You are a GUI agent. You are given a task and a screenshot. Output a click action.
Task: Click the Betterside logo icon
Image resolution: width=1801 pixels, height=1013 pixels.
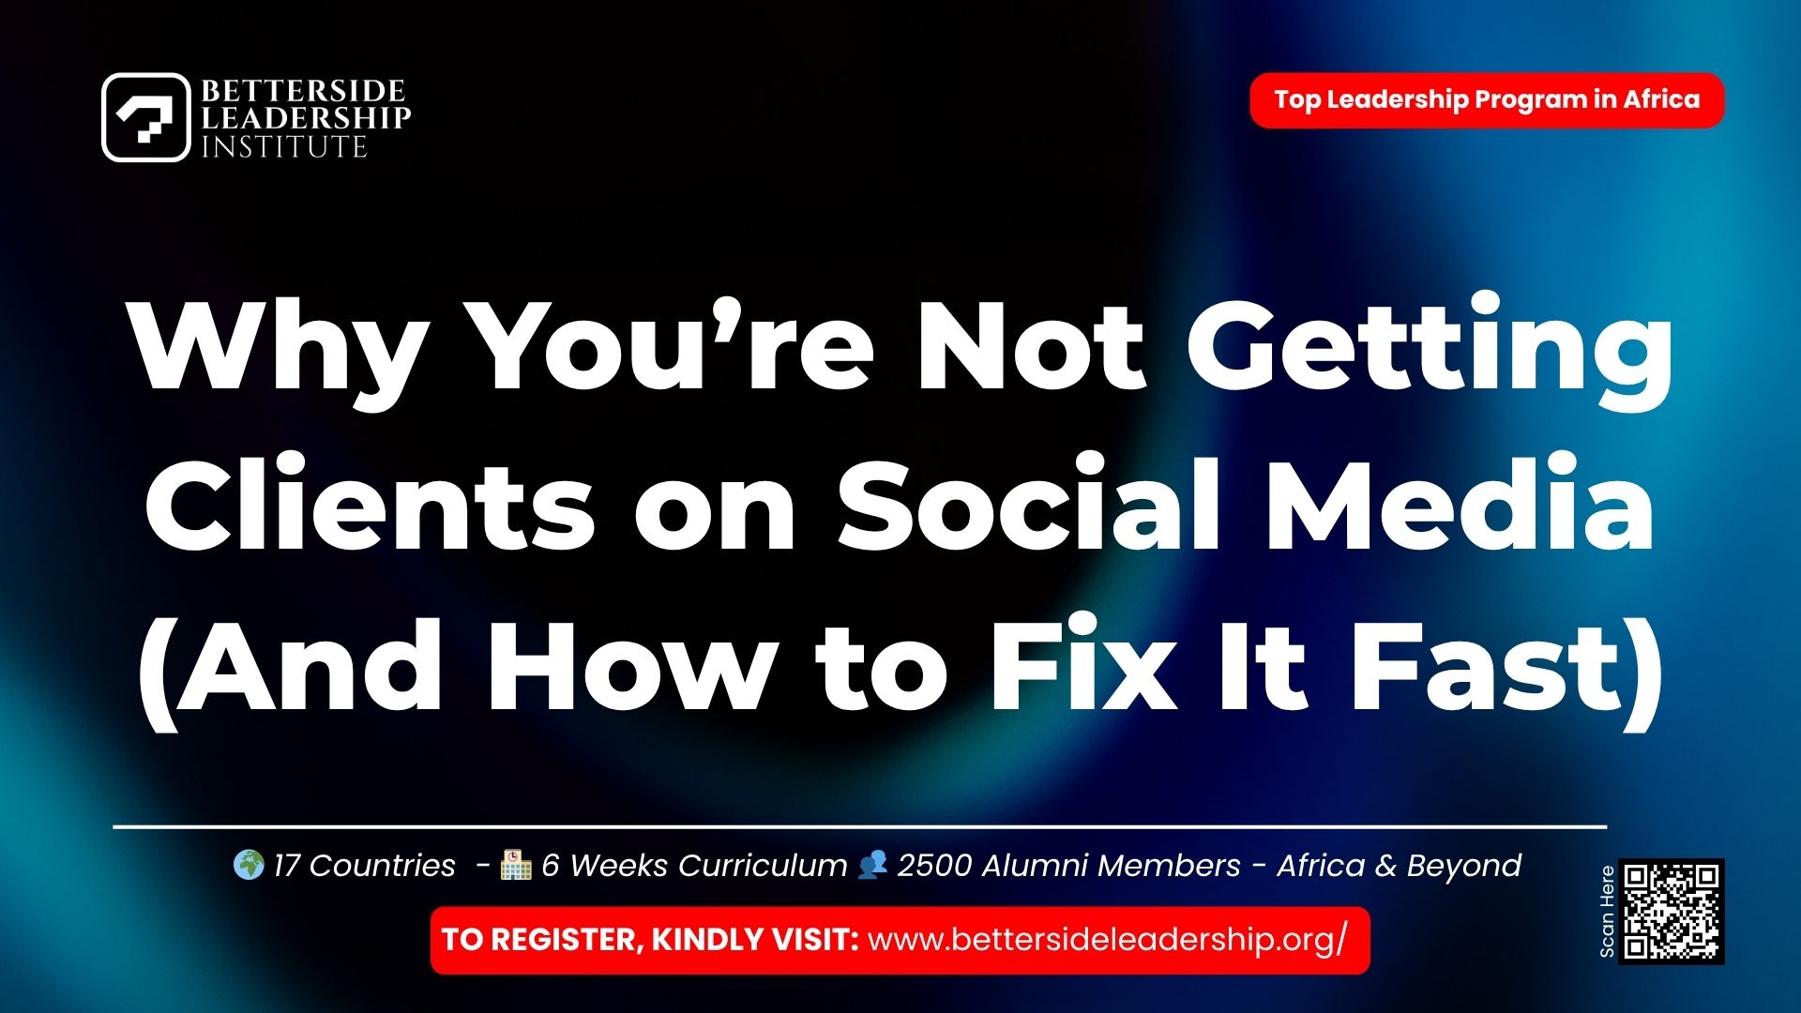(145, 117)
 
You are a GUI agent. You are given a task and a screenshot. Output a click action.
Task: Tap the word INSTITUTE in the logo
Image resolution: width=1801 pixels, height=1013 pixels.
(283, 147)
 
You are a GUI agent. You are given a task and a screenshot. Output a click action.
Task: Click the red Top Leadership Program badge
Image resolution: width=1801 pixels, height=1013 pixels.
(1486, 99)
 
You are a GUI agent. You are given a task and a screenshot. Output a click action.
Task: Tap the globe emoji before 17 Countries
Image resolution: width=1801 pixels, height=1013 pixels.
(248, 865)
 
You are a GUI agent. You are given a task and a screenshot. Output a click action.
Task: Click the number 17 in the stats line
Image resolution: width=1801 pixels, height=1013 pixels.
(285, 865)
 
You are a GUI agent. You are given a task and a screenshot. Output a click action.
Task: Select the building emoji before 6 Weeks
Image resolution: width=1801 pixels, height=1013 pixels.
(516, 865)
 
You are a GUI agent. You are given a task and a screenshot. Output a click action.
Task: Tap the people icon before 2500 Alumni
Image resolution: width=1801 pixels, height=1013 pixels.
(872, 864)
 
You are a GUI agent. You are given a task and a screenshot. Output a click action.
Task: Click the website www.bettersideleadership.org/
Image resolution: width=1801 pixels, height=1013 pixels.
(1107, 940)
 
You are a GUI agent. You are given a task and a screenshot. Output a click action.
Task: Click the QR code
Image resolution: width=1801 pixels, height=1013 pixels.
(1672, 912)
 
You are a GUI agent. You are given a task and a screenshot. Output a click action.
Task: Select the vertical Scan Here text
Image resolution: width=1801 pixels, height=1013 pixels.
(1607, 912)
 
